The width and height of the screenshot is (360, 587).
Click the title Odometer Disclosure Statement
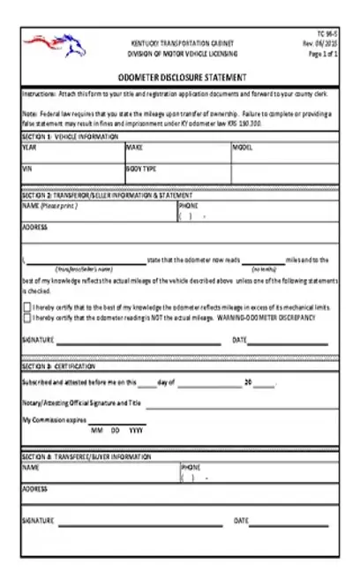click(183, 77)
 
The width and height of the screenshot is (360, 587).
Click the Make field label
click(134, 147)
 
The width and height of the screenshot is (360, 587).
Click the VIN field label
click(27, 167)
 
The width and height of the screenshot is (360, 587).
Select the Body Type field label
click(141, 167)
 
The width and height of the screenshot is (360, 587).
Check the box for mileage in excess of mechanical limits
click(26, 305)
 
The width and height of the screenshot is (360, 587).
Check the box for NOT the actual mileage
click(26, 316)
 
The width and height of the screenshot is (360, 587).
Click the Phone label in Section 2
click(188, 206)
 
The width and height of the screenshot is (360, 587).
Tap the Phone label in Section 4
click(191, 467)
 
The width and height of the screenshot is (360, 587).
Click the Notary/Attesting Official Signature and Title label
click(81, 403)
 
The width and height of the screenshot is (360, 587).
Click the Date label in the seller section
click(239, 340)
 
